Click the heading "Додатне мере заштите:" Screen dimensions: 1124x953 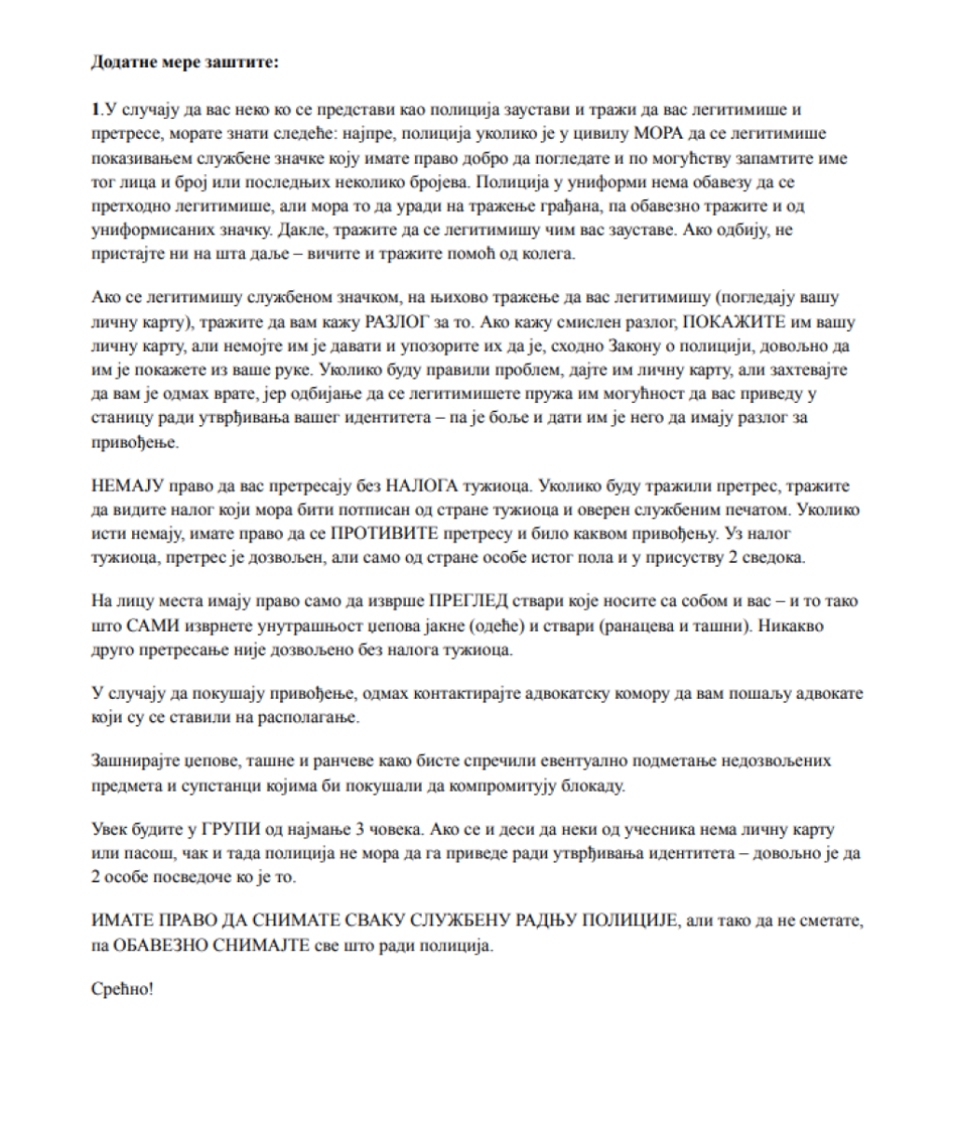click(185, 63)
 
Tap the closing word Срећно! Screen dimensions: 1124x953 click(122, 988)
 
